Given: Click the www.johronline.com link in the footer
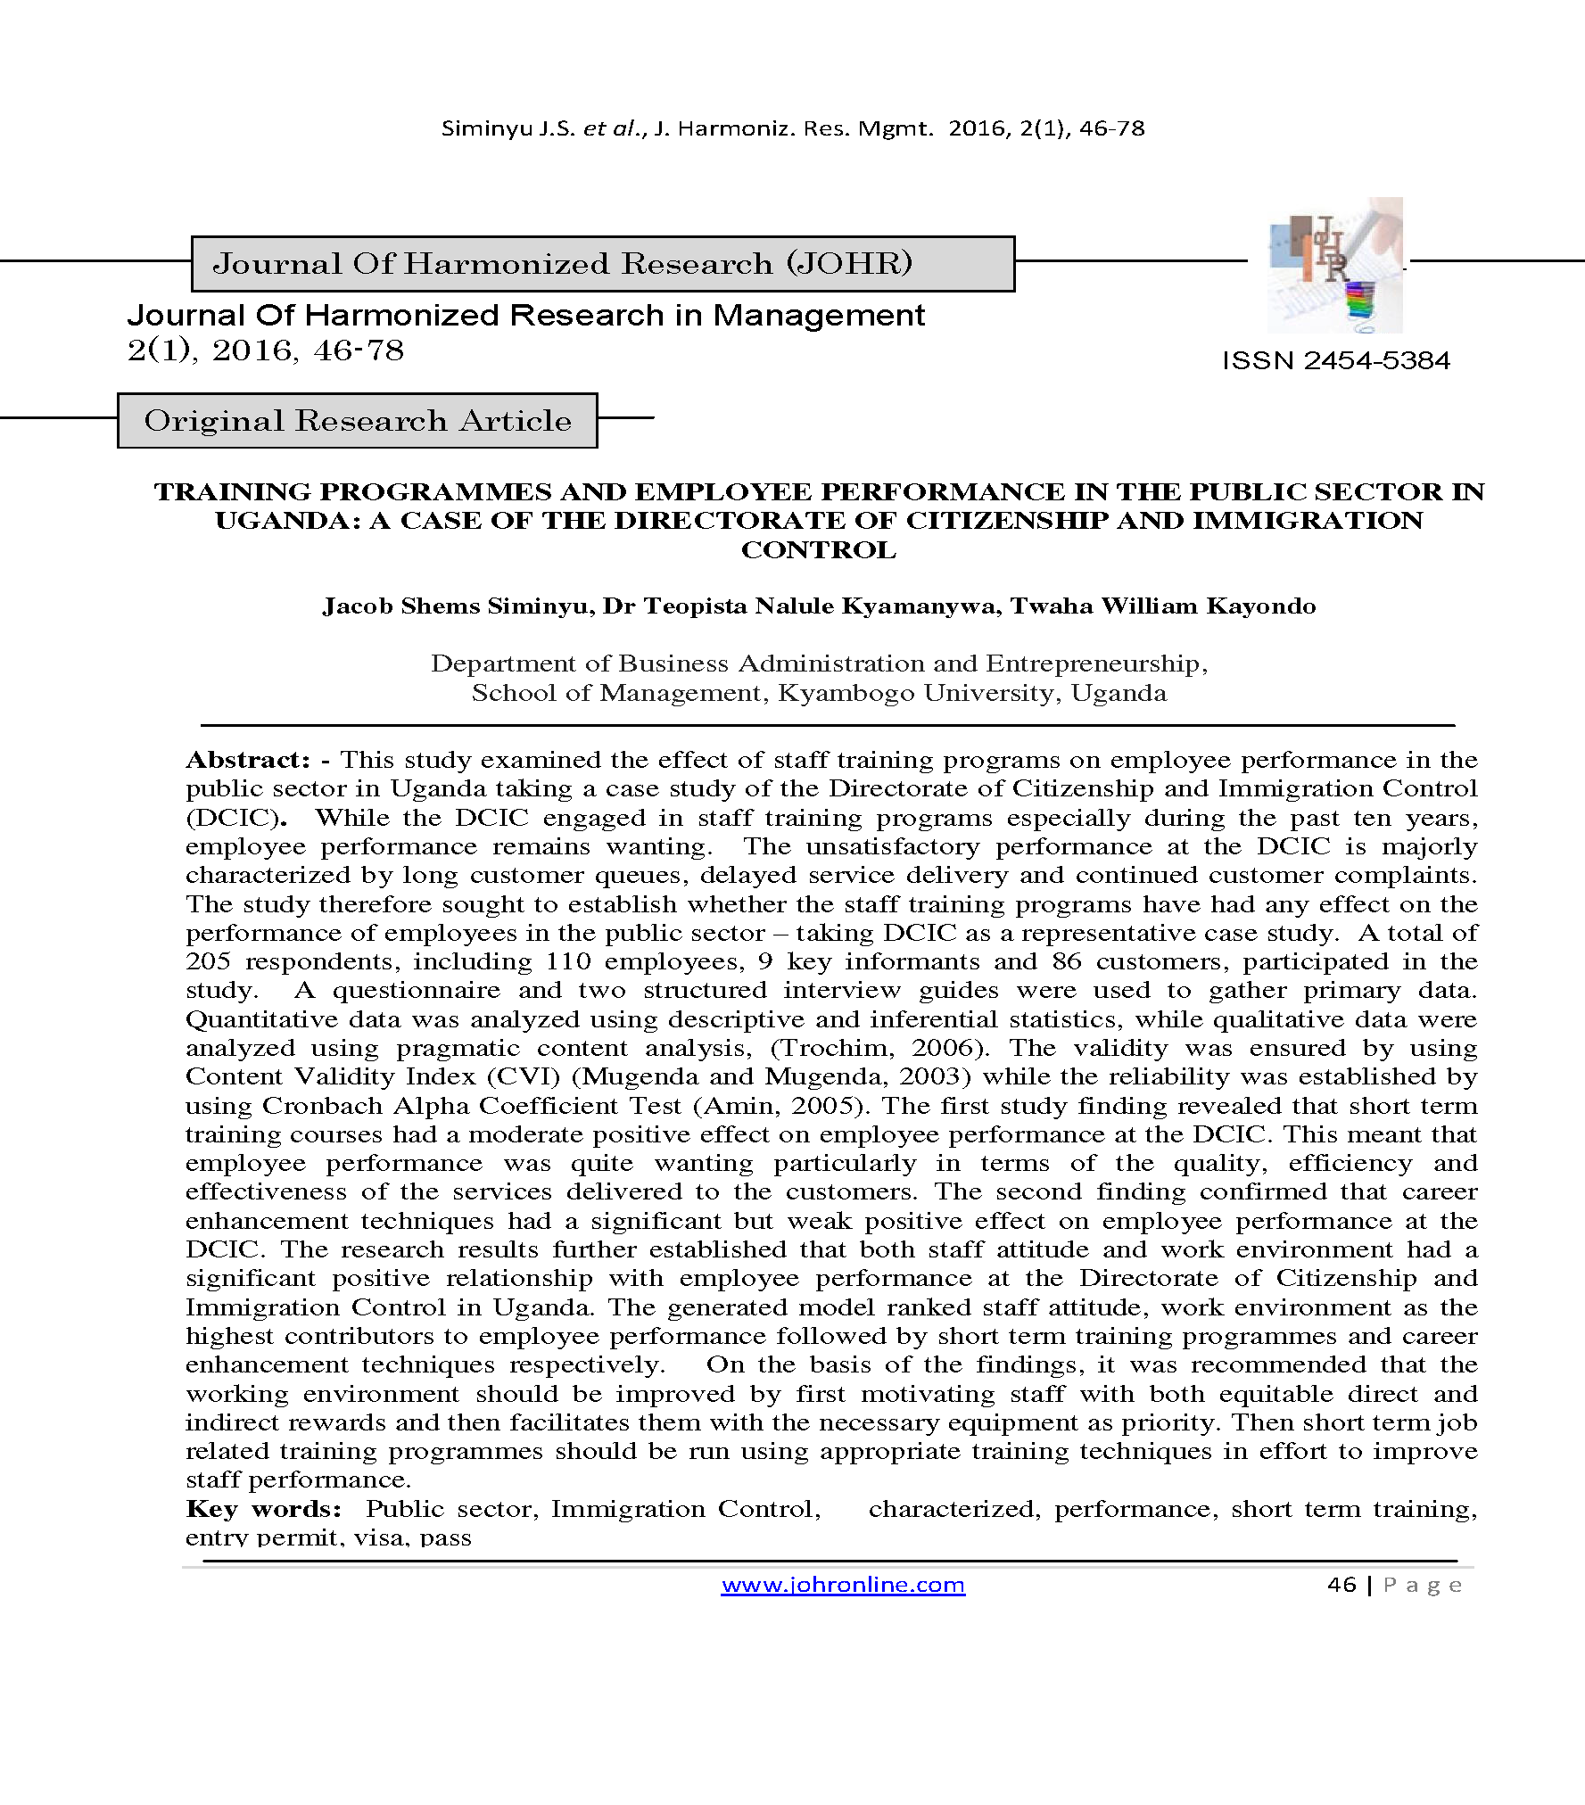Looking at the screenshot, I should (x=843, y=1585).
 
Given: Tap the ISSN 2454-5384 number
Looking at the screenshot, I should (x=1335, y=360).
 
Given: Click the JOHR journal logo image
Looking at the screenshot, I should (x=1334, y=266).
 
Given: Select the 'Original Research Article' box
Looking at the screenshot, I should (x=358, y=420).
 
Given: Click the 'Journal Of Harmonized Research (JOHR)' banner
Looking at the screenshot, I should (x=603, y=264).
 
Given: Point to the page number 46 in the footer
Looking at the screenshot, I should (x=1341, y=1585).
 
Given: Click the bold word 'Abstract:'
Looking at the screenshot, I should (x=248, y=760).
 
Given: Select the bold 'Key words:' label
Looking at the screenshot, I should (x=264, y=1509).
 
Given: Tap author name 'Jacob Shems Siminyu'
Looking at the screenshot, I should (x=458, y=606).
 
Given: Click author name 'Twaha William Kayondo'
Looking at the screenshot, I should (x=1163, y=606).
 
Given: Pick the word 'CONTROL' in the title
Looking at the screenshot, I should (x=819, y=550).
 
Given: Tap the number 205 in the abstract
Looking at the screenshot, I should (x=208, y=961).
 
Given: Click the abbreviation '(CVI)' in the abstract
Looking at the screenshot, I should (x=523, y=1076).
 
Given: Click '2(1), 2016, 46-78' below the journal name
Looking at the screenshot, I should (x=266, y=350).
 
